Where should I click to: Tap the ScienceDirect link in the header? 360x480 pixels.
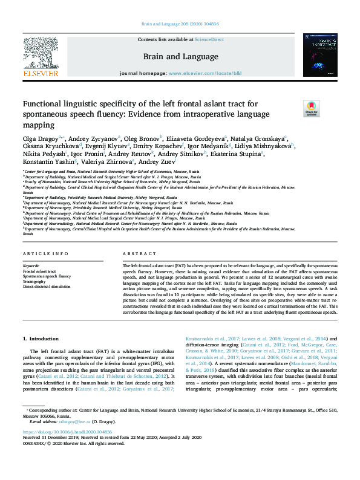click(x=209, y=39)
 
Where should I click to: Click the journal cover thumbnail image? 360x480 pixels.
click(x=319, y=55)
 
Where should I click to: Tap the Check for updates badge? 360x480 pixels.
click(x=294, y=109)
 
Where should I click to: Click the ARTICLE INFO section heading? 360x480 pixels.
click(x=45, y=254)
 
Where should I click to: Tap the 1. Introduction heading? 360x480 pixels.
click(x=41, y=339)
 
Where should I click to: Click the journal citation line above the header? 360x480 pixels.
click(x=180, y=24)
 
